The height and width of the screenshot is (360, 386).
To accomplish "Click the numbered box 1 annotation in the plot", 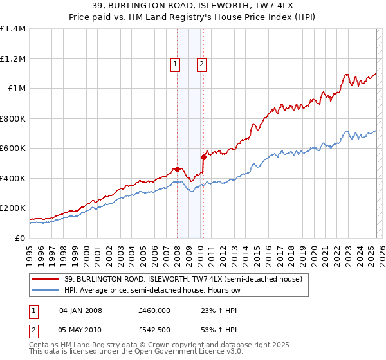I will pos(175,64).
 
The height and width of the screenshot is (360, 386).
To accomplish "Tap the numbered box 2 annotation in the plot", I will pos(201,64).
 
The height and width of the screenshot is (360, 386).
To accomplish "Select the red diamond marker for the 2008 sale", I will pos(177,170).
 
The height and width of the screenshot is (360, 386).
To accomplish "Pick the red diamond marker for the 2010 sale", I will pos(204,156).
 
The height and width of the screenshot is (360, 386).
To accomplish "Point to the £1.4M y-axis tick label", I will pos(13,29).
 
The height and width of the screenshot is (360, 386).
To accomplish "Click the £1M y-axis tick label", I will pos(17,89).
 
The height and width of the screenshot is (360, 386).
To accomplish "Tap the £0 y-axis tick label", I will pos(21,238).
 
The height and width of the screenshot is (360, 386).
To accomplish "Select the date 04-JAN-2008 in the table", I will pos(80,310).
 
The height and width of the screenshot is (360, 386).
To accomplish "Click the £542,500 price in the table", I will pos(154,330).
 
